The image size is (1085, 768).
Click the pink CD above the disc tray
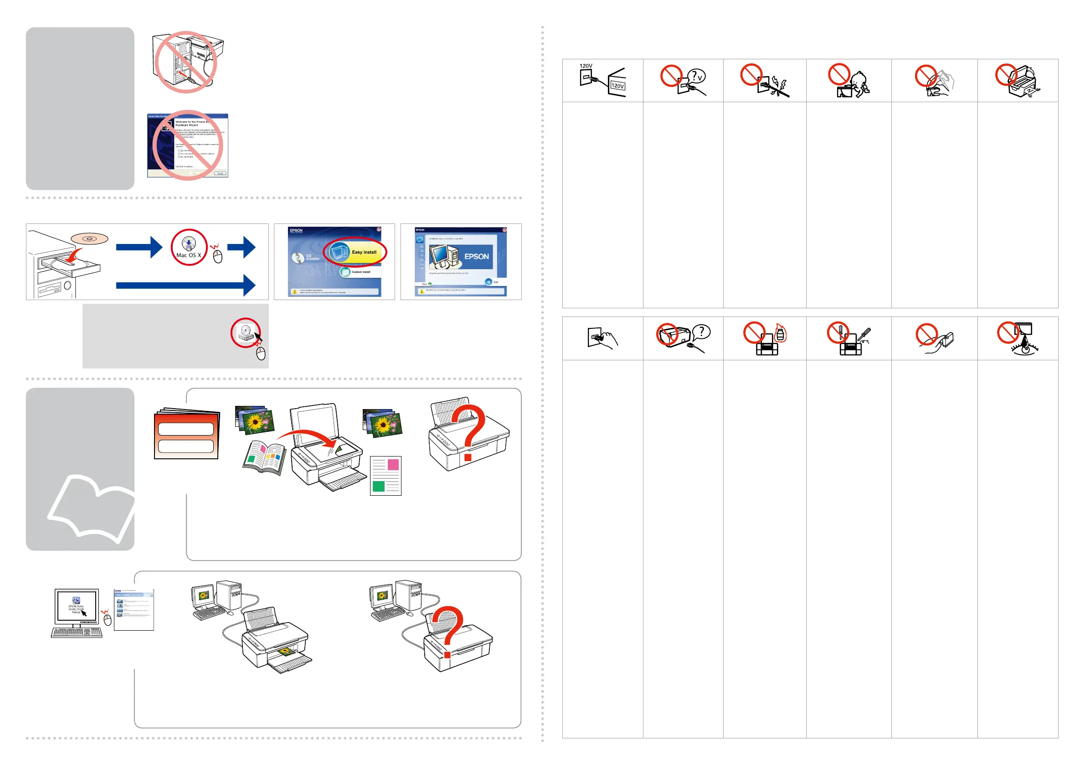pos(89,239)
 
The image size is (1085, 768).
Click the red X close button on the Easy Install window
pos(379,229)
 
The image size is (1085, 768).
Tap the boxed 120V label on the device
pos(617,86)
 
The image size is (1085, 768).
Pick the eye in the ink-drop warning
pos(1023,349)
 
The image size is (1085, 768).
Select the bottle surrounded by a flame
pos(780,334)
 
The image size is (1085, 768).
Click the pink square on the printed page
pos(393,464)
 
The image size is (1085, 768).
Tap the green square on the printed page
pos(379,486)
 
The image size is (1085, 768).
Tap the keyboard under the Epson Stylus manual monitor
pos(77,632)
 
